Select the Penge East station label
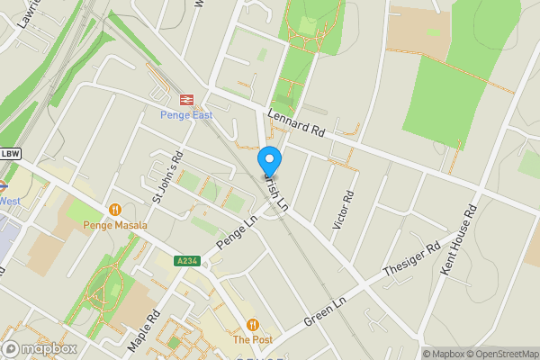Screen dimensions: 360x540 [x=188, y=115]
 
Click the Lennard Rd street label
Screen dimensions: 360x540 [x=296, y=123]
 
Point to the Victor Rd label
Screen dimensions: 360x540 [x=343, y=210]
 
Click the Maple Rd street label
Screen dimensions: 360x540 [x=143, y=330]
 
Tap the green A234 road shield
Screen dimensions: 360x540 [x=187, y=261]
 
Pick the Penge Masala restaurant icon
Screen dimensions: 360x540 [x=114, y=210]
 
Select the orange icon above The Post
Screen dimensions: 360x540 [x=252, y=325]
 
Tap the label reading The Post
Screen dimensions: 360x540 [x=252, y=340]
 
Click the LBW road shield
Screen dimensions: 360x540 [x=10, y=153]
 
